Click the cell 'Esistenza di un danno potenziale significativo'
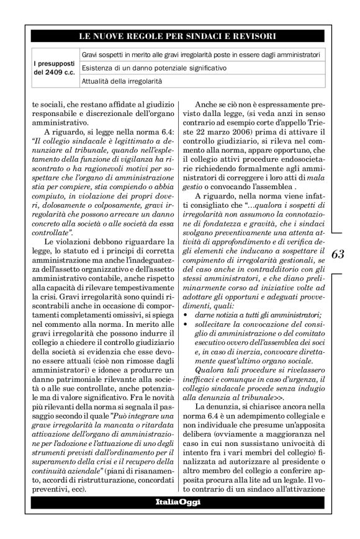click(155, 67)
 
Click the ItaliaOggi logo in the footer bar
click(179, 501)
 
